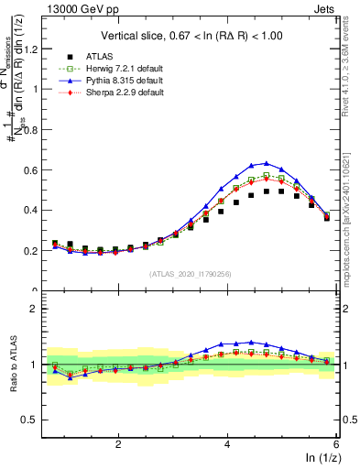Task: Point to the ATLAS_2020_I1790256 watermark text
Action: pos(190,274)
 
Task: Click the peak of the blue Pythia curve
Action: pos(266,163)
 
